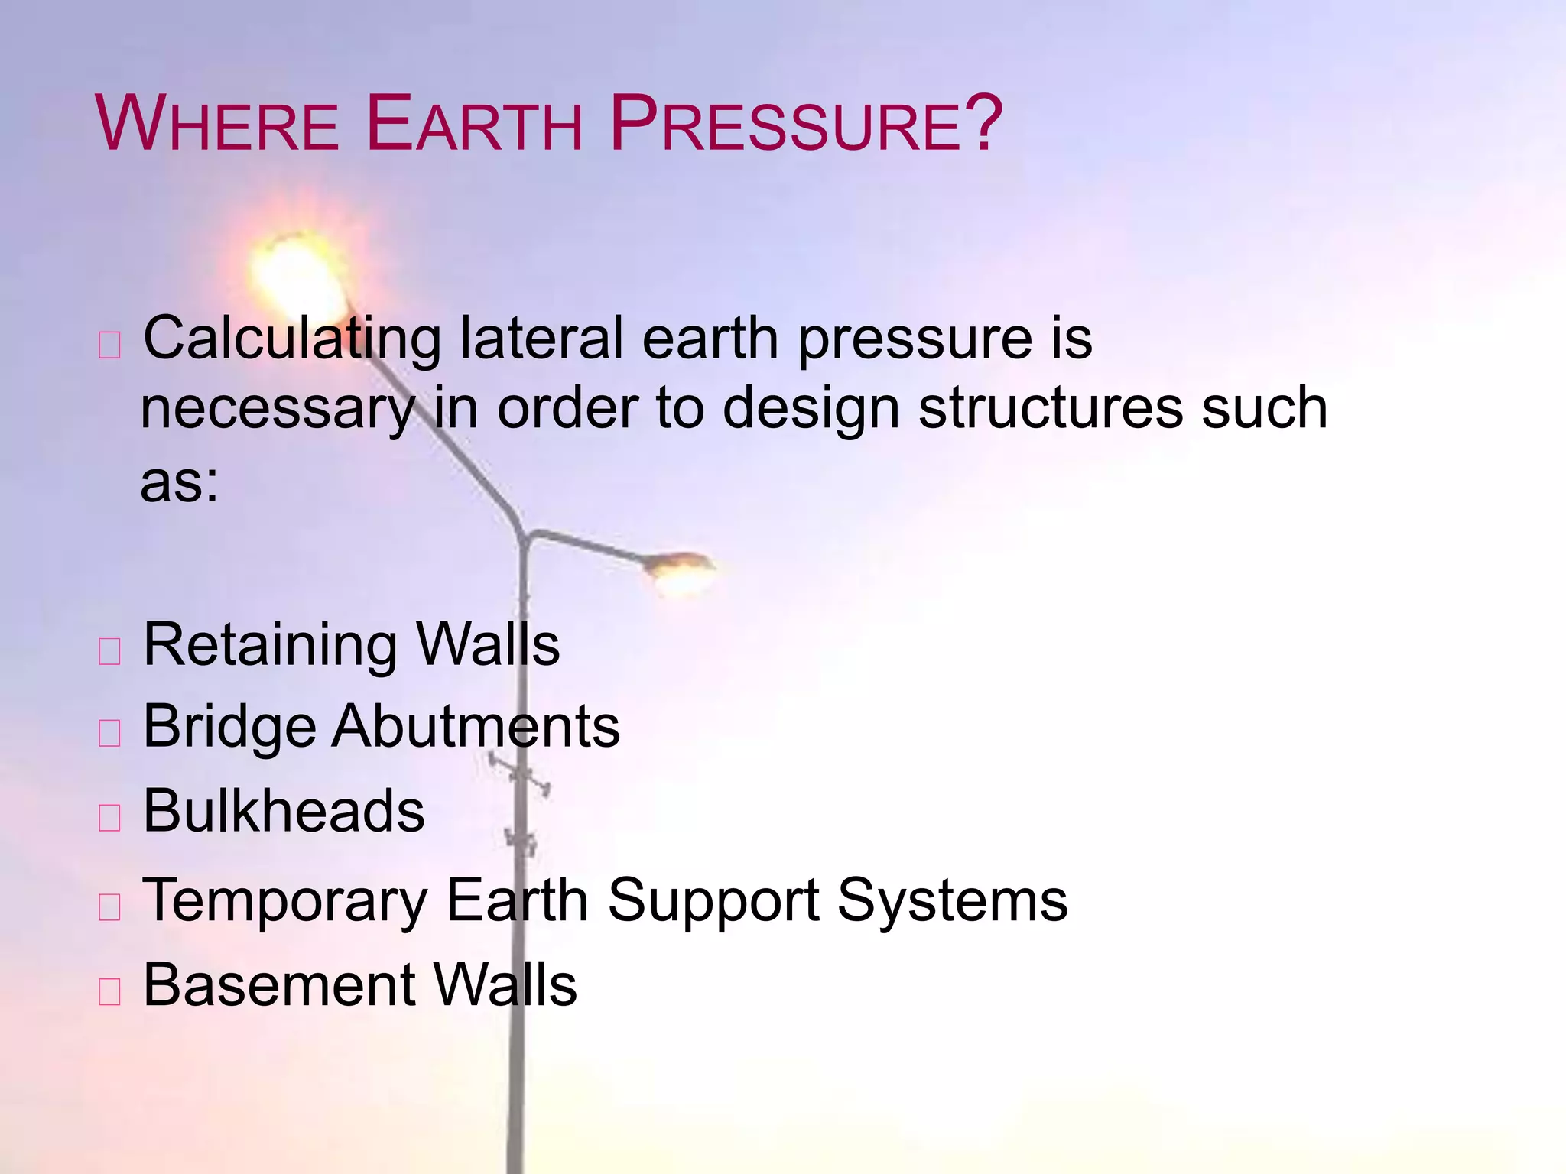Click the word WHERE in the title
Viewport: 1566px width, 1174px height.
[x=217, y=124]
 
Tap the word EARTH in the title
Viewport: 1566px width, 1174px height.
[x=474, y=124]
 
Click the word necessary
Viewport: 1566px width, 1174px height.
[x=277, y=410]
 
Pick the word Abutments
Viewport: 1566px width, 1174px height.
[x=476, y=726]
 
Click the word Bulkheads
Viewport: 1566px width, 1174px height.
[x=283, y=811]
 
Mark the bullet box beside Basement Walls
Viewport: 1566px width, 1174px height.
[x=110, y=991]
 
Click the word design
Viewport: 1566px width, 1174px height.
[x=810, y=410]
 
